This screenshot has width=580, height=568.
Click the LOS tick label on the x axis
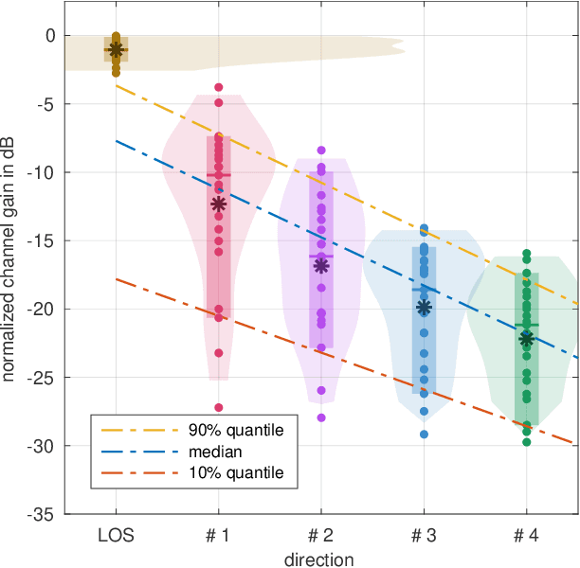point(116,536)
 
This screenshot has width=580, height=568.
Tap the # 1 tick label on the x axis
point(218,536)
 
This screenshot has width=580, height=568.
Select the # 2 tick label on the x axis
point(321,536)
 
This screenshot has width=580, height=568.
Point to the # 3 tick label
point(424,536)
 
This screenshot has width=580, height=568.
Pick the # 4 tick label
point(527,536)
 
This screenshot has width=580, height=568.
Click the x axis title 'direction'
point(321,559)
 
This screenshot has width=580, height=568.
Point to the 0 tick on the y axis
point(50,36)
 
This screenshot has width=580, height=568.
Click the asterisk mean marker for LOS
point(116,49)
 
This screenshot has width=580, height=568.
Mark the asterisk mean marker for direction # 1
point(218,204)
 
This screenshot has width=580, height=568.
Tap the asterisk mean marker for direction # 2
point(321,266)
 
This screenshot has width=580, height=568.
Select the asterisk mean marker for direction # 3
point(424,307)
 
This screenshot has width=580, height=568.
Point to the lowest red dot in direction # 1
point(218,407)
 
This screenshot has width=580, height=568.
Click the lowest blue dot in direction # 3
point(424,435)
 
